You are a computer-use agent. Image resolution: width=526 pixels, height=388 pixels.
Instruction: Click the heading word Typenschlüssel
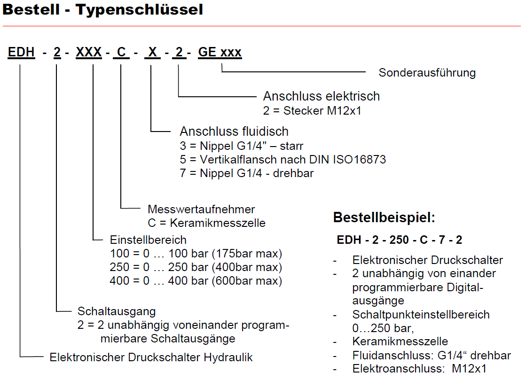point(140,10)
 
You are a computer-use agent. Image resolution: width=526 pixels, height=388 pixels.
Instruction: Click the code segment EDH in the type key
point(21,52)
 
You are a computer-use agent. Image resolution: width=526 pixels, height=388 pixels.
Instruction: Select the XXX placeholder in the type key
point(89,52)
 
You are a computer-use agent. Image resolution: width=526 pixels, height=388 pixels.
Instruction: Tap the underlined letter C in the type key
point(121,52)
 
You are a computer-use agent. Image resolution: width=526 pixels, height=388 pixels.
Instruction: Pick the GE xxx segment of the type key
point(220,52)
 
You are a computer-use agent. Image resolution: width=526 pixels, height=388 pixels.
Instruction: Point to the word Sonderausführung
point(427,73)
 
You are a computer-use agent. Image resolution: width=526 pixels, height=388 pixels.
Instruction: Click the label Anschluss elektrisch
point(321,96)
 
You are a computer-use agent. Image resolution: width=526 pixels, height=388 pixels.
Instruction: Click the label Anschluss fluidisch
point(234,131)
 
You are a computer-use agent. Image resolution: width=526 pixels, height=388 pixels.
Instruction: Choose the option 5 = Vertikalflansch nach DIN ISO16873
point(283,160)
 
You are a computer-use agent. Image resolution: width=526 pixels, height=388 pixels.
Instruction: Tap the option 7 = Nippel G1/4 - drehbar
point(246,173)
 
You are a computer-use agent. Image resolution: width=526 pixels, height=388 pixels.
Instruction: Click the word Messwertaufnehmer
point(201,209)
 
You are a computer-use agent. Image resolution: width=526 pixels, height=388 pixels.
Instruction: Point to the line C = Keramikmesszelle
point(206,223)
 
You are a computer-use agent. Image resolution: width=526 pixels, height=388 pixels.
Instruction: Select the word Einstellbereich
point(148,240)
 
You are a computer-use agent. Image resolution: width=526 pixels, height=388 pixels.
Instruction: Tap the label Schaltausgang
point(117,311)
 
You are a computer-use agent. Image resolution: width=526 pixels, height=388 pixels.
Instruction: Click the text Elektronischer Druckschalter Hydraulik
point(151,357)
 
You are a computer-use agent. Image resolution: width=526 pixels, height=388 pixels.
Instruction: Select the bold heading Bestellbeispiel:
point(384,218)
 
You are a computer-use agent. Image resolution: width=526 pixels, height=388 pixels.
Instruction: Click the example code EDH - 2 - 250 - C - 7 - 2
point(399,240)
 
